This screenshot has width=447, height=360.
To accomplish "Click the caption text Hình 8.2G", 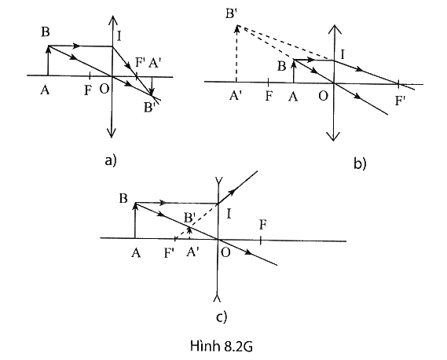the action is (x=222, y=347).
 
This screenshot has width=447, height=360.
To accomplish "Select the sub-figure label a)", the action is (x=111, y=160).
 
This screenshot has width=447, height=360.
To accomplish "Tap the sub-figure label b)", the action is (x=360, y=163).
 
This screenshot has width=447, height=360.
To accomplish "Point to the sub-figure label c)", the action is (x=222, y=318).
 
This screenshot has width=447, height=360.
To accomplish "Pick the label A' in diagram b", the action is (x=236, y=96).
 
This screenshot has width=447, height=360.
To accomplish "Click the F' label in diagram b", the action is (x=400, y=101).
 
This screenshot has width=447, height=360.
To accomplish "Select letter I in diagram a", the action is (x=119, y=36).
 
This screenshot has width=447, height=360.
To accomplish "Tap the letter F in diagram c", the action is (x=262, y=225).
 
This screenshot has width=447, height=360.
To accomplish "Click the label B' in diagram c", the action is (x=189, y=219).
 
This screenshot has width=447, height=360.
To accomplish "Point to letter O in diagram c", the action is (x=225, y=252).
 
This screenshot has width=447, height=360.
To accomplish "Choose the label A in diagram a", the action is (x=45, y=90).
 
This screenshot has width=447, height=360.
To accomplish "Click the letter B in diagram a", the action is (x=46, y=31).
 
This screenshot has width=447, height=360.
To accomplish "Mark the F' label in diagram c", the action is (x=170, y=253).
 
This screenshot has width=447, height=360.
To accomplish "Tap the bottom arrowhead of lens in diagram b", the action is (x=334, y=136).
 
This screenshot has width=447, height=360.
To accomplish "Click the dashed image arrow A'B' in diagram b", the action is (x=236, y=53).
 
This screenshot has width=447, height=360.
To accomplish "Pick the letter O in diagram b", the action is (x=323, y=96).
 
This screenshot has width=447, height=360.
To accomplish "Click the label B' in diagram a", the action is (x=148, y=108).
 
